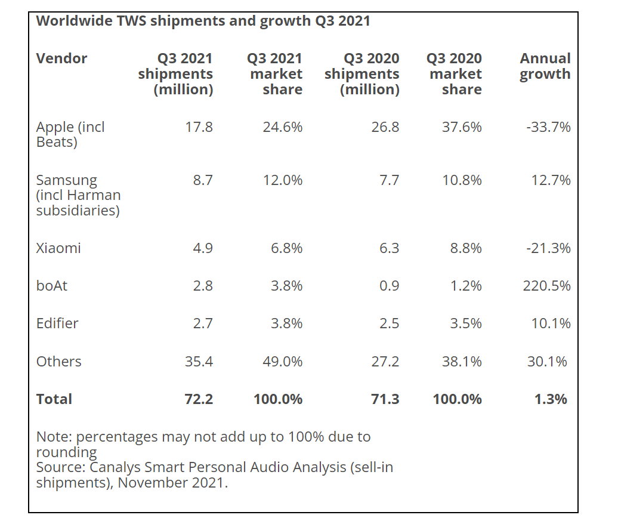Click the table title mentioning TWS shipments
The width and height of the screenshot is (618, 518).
(x=203, y=21)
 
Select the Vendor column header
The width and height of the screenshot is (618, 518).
(x=61, y=58)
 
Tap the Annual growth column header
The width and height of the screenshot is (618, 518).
(x=545, y=66)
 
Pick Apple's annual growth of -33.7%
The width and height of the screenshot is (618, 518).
(x=548, y=127)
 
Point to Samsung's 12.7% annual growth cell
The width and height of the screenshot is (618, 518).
(x=551, y=180)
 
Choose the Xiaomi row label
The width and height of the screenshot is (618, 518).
(x=58, y=248)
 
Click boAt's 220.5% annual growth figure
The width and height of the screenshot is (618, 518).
(x=546, y=286)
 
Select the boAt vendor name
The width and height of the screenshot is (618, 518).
(x=52, y=286)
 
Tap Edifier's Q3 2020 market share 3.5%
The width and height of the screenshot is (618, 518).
(x=465, y=323)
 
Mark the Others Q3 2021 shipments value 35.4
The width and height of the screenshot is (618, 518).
(x=199, y=362)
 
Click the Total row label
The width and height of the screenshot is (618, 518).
(x=54, y=399)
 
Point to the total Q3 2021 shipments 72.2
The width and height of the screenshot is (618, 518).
(x=199, y=399)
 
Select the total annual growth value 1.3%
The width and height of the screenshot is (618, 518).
(x=551, y=399)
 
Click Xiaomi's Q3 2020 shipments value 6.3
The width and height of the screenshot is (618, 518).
(x=389, y=248)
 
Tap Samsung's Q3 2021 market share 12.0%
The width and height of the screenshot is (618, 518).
(x=282, y=180)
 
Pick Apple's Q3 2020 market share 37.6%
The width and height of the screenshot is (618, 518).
(x=462, y=127)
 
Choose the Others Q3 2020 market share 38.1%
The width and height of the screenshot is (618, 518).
(x=462, y=362)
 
